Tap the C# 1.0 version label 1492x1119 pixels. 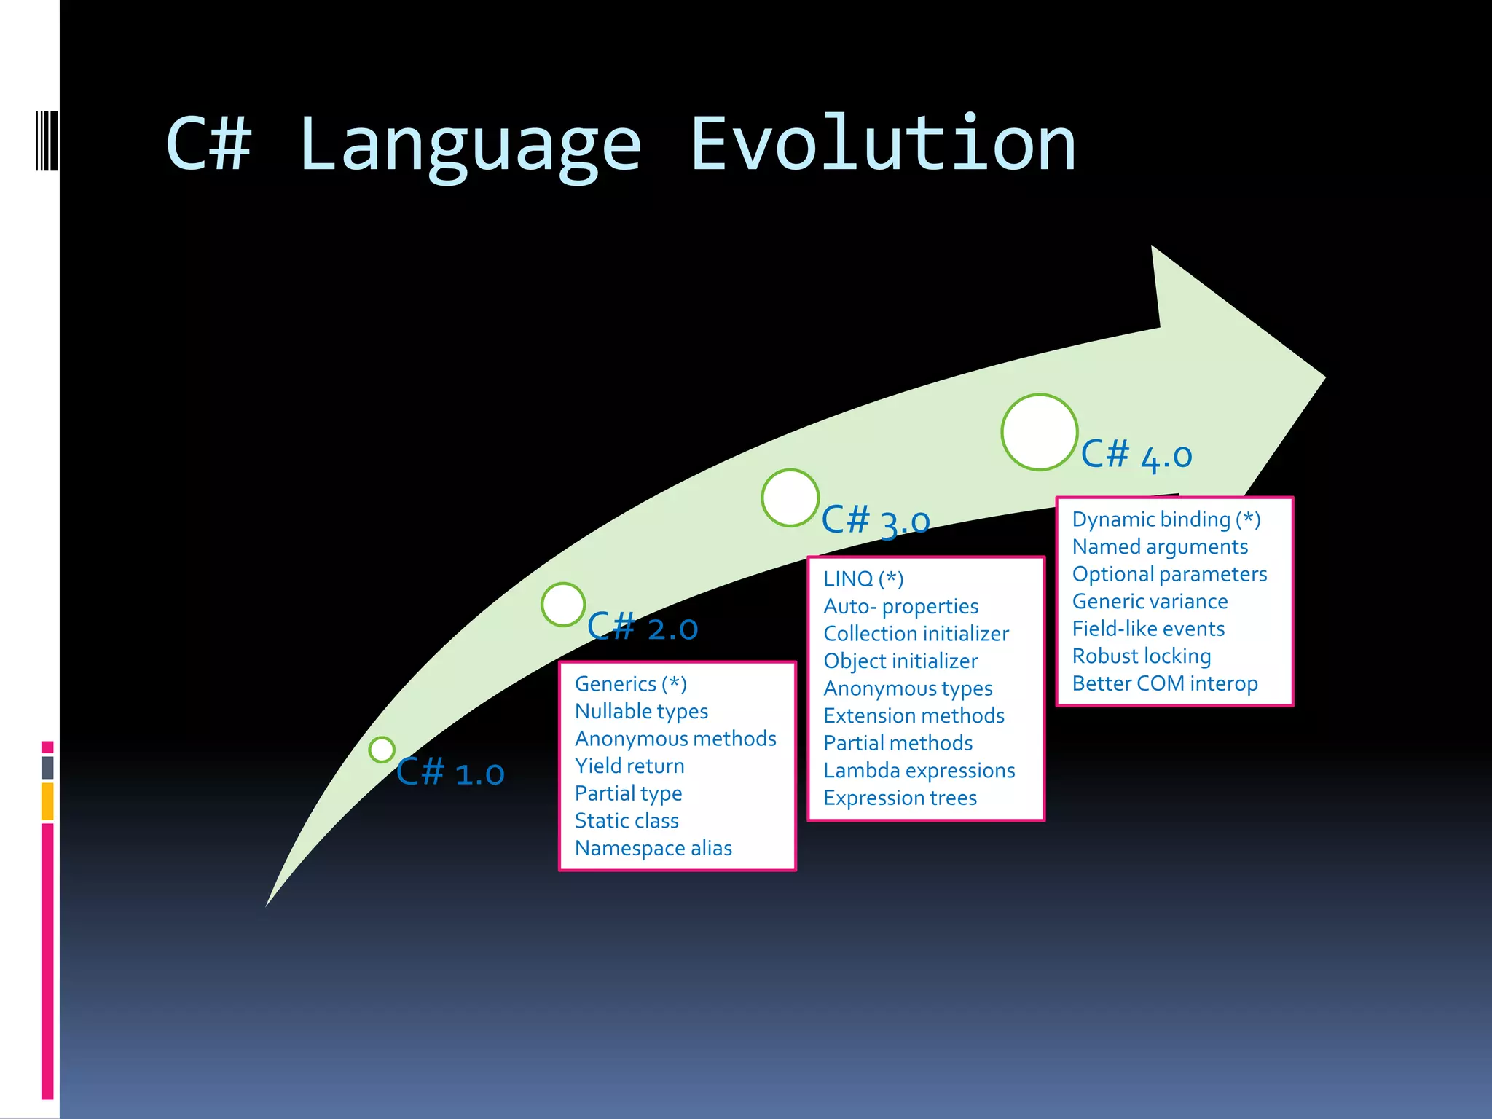click(450, 772)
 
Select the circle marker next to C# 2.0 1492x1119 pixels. click(563, 604)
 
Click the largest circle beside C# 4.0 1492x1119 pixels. click(1039, 432)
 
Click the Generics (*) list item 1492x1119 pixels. click(630, 684)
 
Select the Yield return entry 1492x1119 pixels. click(629, 766)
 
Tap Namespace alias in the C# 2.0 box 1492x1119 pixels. click(653, 848)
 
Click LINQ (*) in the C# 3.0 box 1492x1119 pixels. click(863, 579)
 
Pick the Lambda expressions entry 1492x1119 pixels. click(919, 771)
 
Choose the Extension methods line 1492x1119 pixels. click(914, 715)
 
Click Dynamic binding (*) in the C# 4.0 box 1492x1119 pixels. click(1166, 519)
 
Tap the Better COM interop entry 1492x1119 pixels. click(1164, 683)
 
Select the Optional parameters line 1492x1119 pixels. click(1169, 574)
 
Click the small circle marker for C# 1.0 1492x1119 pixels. click(382, 749)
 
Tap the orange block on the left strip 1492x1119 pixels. click(47, 801)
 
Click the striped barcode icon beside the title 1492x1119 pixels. click(47, 140)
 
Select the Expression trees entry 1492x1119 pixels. click(900, 798)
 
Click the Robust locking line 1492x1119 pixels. click(1141, 656)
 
